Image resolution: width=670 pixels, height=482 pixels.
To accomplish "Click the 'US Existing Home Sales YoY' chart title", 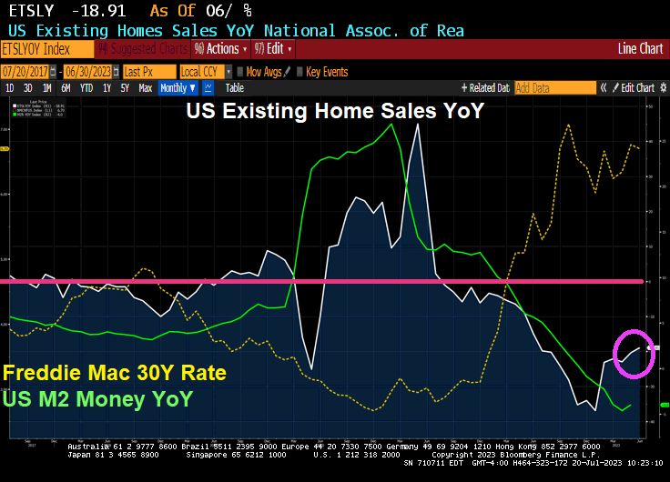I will [335, 112].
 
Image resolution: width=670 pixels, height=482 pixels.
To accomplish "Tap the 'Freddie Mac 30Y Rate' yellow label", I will [114, 373].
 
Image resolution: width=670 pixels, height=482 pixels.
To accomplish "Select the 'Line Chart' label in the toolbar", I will [640, 49].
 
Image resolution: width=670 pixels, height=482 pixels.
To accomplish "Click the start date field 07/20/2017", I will [25, 71].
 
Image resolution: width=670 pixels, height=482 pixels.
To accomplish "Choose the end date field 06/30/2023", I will [89, 71].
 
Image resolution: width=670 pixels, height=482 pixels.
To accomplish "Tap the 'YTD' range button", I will [86, 88].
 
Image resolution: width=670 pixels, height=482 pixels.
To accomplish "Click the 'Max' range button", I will [145, 88].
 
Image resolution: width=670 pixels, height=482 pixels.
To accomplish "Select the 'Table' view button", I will [234, 88].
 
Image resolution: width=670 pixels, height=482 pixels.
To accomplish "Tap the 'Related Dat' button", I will [486, 88].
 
